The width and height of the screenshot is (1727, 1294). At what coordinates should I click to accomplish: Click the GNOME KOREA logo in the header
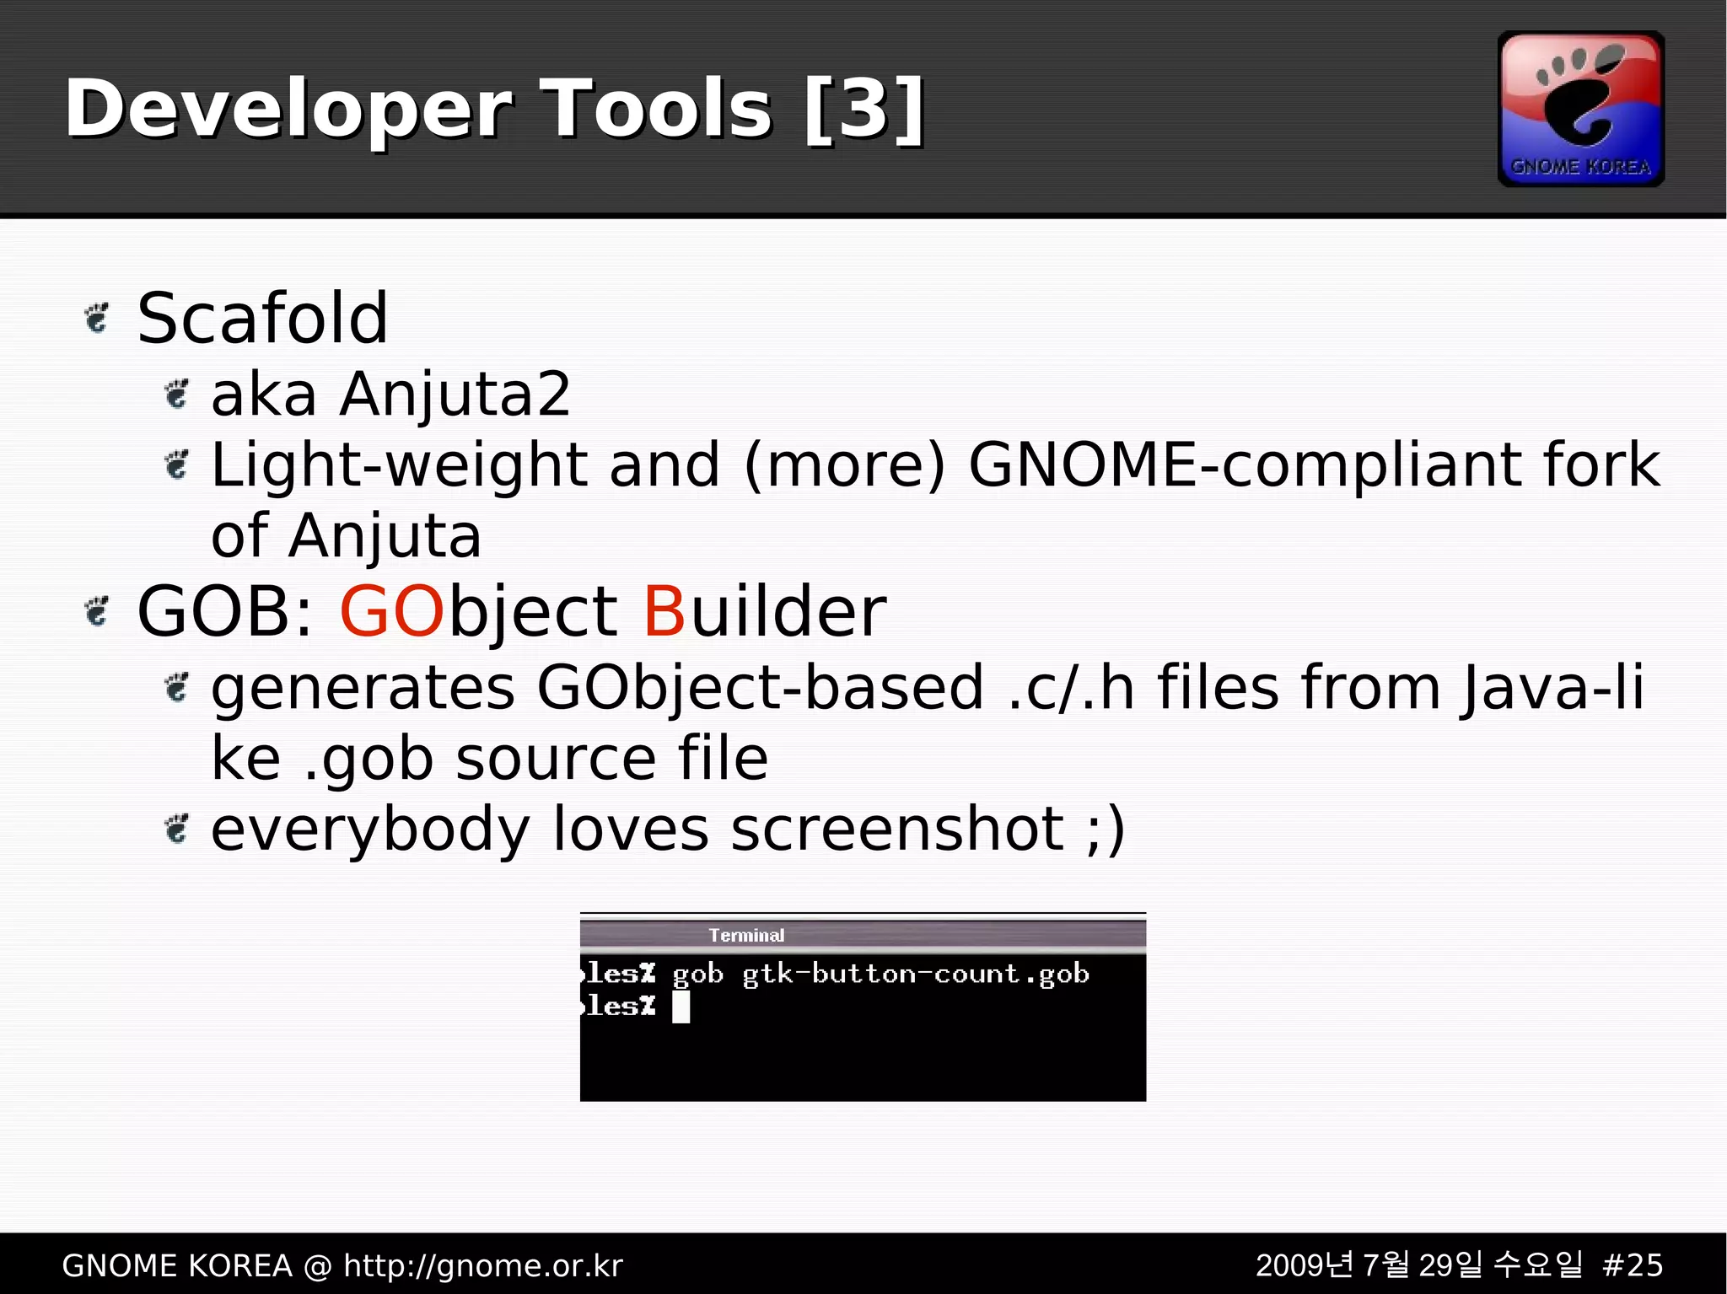click(1580, 109)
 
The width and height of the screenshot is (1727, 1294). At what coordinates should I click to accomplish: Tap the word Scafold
click(262, 319)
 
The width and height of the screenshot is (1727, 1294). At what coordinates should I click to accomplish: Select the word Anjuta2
click(455, 395)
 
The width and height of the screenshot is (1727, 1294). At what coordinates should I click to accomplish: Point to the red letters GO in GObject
click(391, 611)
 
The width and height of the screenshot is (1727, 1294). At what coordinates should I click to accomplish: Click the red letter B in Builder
click(664, 611)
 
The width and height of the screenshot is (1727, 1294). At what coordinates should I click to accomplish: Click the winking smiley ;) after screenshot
click(1106, 830)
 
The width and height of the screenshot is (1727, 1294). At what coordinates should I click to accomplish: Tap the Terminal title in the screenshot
click(746, 935)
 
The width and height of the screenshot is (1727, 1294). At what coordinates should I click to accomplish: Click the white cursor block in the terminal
click(681, 1007)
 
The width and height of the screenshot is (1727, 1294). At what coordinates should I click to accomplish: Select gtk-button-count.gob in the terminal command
click(916, 975)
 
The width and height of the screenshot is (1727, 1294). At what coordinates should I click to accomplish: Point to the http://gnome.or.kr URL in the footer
click(483, 1265)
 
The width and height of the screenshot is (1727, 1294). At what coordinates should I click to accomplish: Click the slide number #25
click(1632, 1265)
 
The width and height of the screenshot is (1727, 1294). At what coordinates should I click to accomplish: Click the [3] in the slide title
click(864, 109)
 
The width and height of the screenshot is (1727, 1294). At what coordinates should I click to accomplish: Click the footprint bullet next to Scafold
click(98, 319)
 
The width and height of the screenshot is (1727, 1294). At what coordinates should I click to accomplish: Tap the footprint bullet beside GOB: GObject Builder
click(98, 611)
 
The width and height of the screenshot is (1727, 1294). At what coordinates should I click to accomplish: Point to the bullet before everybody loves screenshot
click(176, 830)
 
